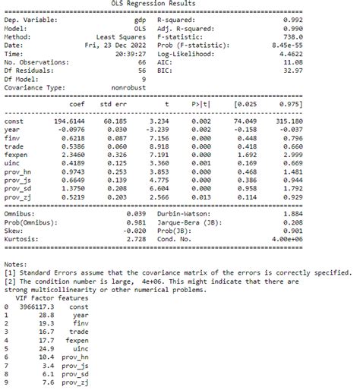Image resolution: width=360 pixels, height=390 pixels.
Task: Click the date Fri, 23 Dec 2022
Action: (115, 46)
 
